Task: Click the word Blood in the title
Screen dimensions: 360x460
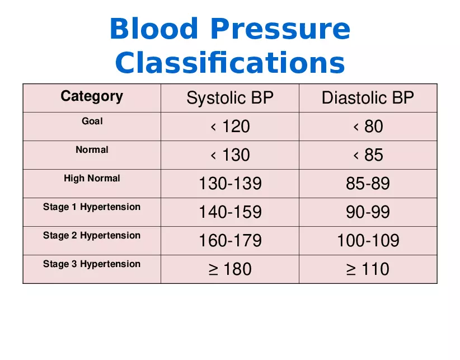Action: click(x=153, y=29)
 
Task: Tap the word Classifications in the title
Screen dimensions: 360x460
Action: click(x=230, y=63)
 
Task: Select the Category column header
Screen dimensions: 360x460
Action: click(x=92, y=96)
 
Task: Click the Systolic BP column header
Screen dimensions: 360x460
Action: click(x=230, y=99)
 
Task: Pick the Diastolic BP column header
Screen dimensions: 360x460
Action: click(x=368, y=99)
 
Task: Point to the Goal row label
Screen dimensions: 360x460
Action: click(x=92, y=121)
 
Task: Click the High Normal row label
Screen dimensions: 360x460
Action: click(x=92, y=179)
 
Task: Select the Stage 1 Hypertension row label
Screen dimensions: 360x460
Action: click(x=92, y=207)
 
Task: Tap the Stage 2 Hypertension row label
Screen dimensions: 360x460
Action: click(x=92, y=236)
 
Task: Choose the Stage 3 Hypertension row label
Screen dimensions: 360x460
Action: click(x=92, y=264)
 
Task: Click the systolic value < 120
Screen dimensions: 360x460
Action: click(x=230, y=127)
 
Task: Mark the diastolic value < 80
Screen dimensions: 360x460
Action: click(x=368, y=127)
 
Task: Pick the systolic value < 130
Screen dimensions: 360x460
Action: click(x=230, y=156)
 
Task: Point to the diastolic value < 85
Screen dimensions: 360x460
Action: click(x=368, y=156)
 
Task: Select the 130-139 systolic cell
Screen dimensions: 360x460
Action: click(x=230, y=184)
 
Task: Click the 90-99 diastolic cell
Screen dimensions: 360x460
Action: click(x=368, y=213)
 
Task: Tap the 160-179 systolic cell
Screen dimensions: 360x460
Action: click(x=230, y=241)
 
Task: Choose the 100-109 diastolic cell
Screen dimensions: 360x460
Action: click(x=368, y=241)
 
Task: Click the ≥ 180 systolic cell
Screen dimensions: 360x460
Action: click(x=230, y=270)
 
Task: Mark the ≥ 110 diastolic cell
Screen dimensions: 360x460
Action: click(x=368, y=270)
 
